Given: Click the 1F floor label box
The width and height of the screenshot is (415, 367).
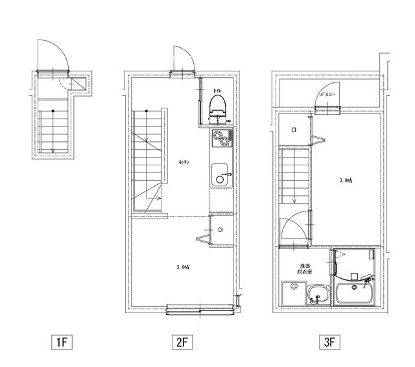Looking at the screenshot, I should click(60, 342).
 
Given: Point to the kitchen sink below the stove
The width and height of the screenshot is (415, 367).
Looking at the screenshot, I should click(220, 174).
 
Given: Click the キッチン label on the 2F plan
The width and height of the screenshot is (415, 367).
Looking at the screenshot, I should click(184, 163).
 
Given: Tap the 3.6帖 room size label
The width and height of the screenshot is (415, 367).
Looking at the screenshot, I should click(183, 266).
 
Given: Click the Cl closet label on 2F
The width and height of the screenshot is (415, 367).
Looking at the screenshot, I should click(221, 230).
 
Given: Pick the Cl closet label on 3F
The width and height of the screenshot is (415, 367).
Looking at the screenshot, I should click(294, 130).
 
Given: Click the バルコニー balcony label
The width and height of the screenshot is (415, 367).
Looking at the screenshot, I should click(328, 95).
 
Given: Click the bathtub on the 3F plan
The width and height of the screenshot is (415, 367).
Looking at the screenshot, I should click(353, 294).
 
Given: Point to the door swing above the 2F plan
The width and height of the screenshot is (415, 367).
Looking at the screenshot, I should click(182, 62).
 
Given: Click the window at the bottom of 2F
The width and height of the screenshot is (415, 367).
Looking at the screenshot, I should click(200, 310).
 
